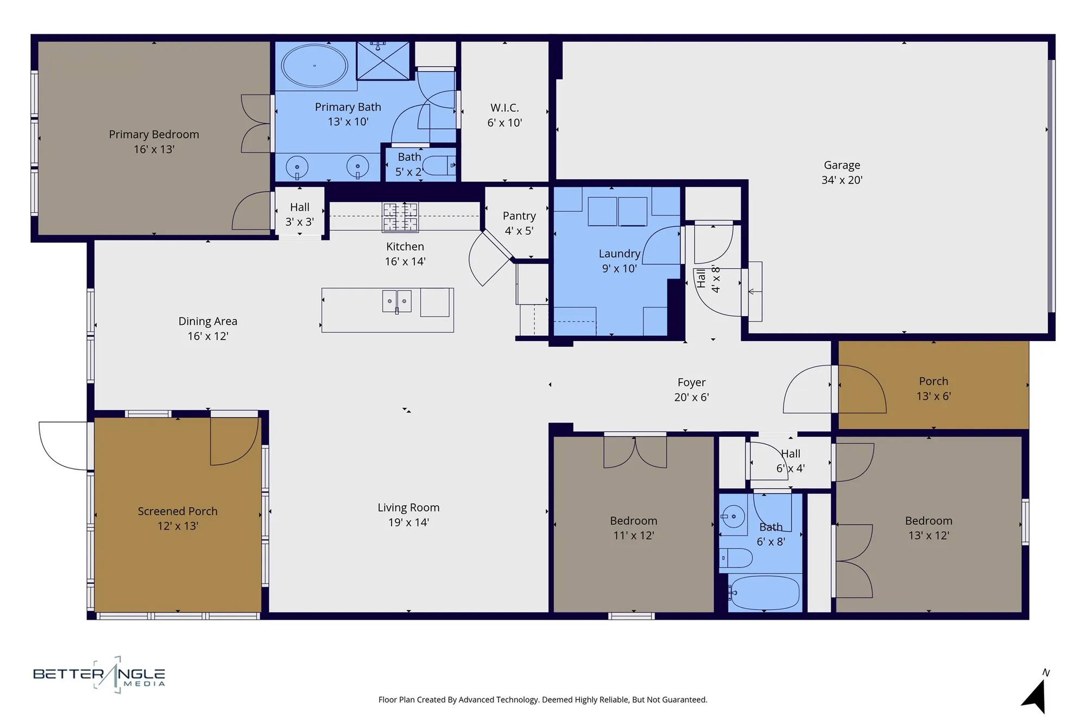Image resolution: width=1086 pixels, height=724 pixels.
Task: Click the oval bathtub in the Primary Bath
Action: [314, 66]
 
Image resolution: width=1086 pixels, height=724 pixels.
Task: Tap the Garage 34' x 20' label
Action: [842, 172]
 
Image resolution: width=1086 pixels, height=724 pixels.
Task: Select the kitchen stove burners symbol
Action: [400, 217]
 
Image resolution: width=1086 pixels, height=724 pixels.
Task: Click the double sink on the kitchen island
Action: [396, 301]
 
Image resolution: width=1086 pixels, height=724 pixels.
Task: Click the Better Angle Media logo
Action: [99, 675]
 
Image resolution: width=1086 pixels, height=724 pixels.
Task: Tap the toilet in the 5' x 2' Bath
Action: [439, 165]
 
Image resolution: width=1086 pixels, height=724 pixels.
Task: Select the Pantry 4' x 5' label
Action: [519, 223]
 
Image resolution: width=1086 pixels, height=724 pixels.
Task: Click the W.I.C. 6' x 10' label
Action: [504, 115]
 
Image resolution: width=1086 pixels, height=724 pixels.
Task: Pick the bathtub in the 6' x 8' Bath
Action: [765, 593]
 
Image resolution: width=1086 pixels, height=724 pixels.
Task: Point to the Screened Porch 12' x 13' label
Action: [178, 518]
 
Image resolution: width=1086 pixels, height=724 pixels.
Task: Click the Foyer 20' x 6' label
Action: [691, 389]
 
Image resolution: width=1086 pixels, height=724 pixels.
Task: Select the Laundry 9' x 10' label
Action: [619, 261]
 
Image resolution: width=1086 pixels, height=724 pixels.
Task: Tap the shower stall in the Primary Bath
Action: [383, 60]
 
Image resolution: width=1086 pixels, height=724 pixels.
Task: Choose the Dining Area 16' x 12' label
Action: [207, 328]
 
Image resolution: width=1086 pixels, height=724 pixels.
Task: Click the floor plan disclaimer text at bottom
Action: [542, 700]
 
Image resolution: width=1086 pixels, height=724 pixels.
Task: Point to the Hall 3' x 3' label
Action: [300, 214]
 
